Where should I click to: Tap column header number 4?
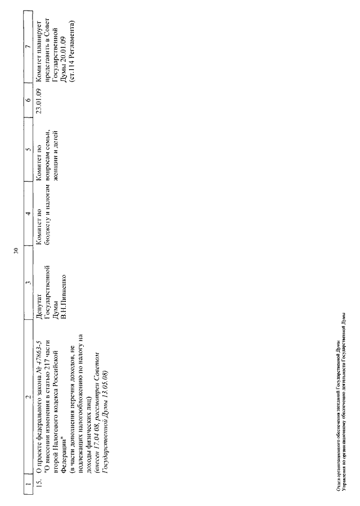pyautogui.click(x=27, y=213)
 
